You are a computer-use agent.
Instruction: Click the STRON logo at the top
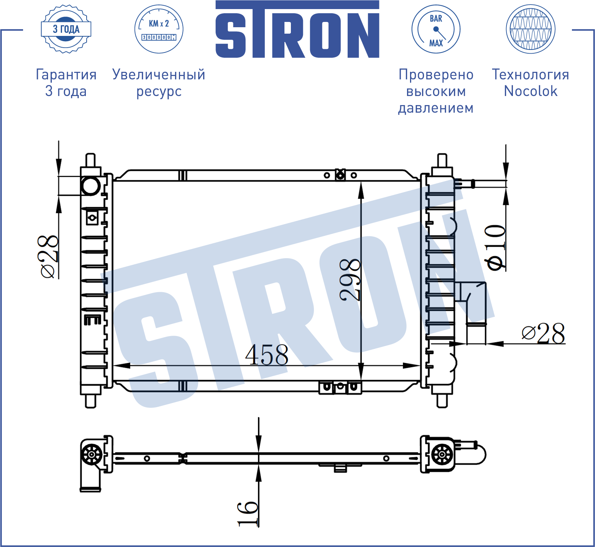(x=297, y=29)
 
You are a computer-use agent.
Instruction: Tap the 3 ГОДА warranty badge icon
(x=66, y=29)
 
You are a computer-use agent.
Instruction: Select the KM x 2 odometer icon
(x=159, y=29)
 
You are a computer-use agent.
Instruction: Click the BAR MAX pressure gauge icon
(x=436, y=29)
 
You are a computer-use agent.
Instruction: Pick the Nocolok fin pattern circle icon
(x=530, y=29)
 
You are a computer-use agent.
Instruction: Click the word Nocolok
(x=531, y=91)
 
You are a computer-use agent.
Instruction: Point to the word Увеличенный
(x=159, y=74)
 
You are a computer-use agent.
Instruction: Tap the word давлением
(x=436, y=108)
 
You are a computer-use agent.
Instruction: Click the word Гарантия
(x=66, y=74)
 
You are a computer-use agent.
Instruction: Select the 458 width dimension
(x=267, y=355)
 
